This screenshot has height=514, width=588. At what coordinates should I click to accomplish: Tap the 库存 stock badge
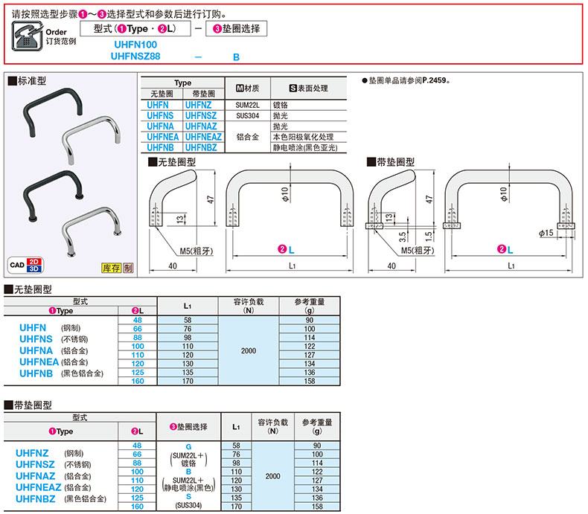[111, 267]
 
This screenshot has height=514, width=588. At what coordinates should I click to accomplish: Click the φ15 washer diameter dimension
[548, 233]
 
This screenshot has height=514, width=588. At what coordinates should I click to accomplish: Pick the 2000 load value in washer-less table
[249, 350]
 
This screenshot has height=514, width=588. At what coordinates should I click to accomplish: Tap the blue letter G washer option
[188, 446]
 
